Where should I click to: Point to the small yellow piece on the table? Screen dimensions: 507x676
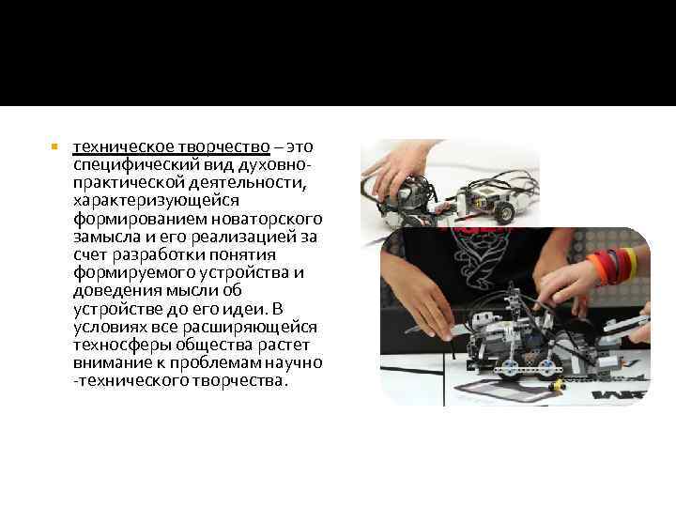(x=560, y=383)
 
